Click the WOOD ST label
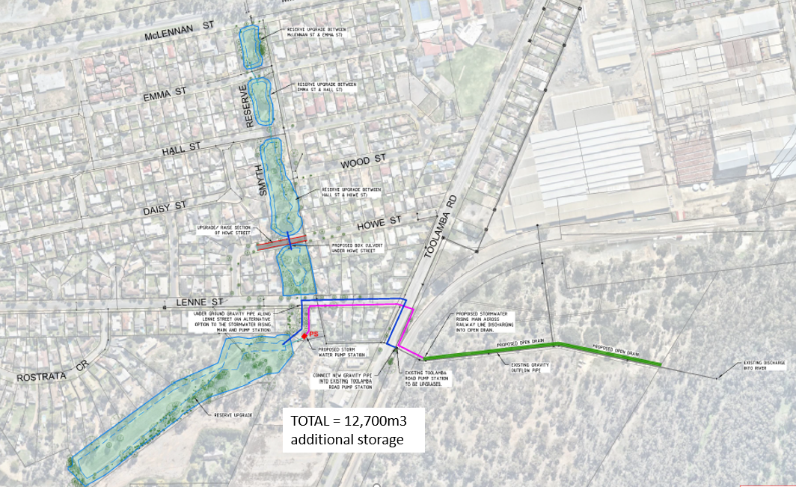click(x=363, y=160)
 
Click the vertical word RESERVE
click(x=243, y=106)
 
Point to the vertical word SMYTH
click(x=263, y=180)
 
